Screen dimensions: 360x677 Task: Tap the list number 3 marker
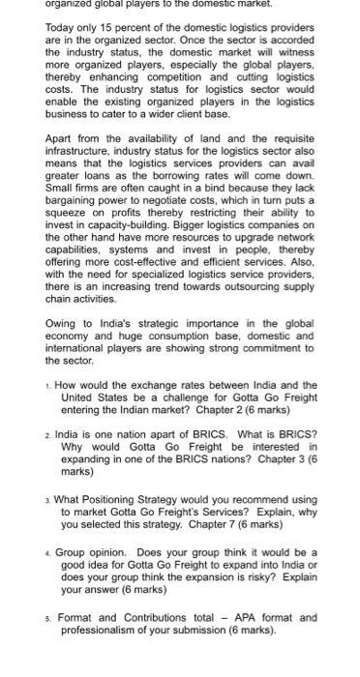(48, 501)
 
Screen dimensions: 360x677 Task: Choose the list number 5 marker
(48, 618)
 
